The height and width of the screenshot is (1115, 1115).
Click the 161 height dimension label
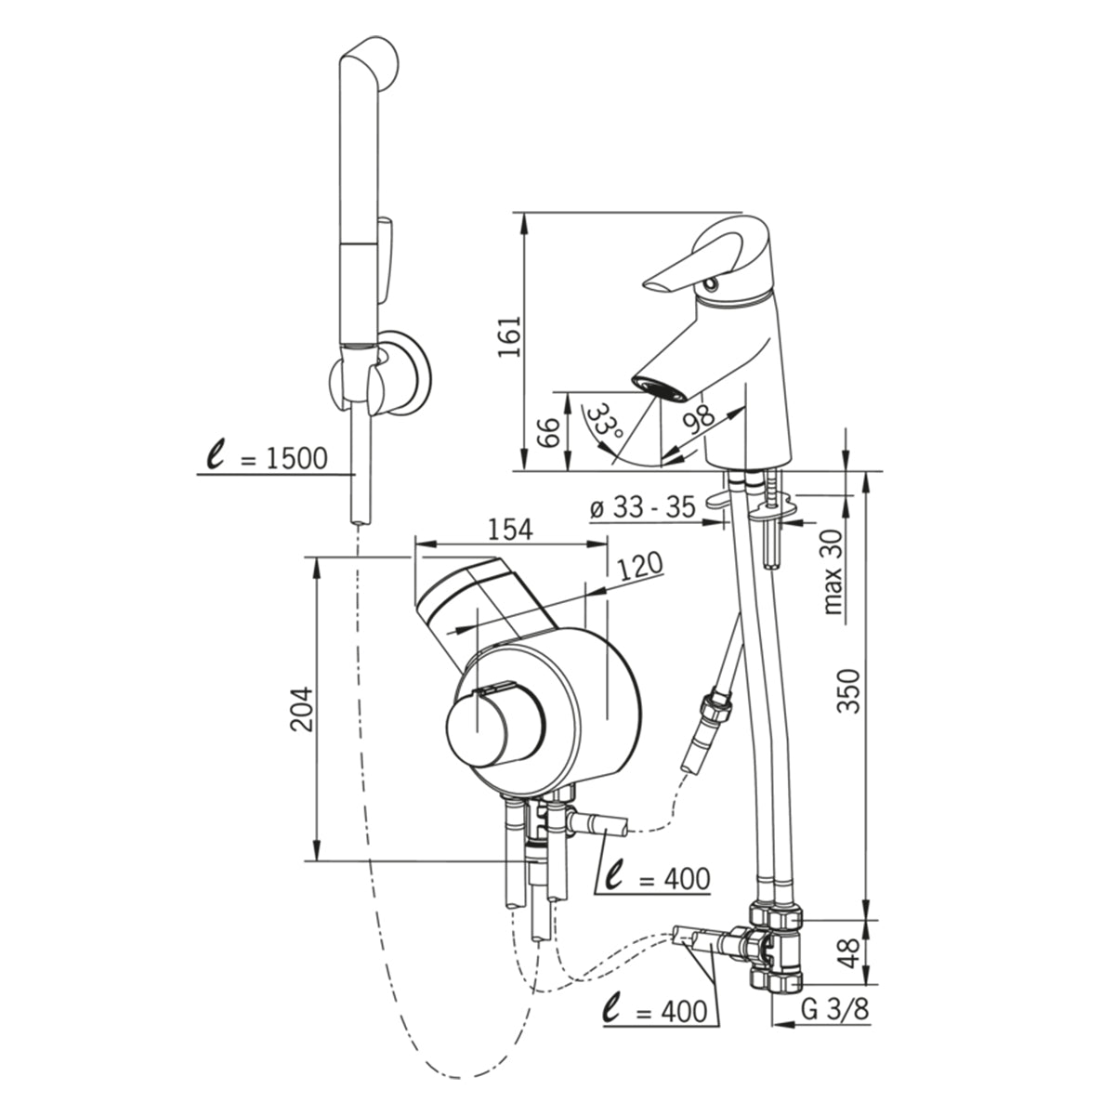click(x=510, y=336)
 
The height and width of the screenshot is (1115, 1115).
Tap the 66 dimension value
click(x=547, y=432)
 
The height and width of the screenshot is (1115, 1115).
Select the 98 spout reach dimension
click(x=699, y=418)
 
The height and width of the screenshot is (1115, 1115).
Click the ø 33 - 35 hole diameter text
click(x=642, y=508)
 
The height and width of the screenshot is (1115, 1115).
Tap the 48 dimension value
click(x=849, y=954)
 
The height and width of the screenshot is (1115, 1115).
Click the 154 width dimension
click(x=510, y=529)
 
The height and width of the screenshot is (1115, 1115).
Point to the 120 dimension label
click(x=639, y=567)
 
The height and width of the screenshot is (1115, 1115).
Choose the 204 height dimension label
click(x=302, y=709)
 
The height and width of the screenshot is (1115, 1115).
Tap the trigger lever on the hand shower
click(x=386, y=260)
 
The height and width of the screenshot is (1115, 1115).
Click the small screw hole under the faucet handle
click(x=709, y=285)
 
